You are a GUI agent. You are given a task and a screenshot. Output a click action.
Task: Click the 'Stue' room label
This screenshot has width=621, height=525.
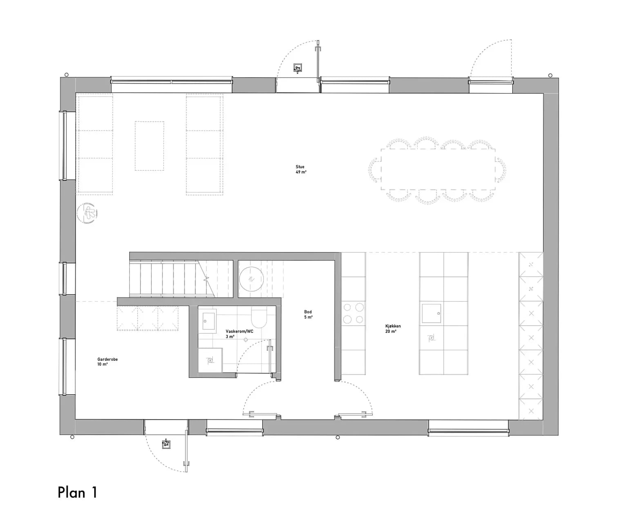point(300,167)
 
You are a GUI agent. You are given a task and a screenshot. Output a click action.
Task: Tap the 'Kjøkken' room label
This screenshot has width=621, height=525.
point(393,326)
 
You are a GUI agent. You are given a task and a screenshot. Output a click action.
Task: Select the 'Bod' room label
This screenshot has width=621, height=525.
point(308,312)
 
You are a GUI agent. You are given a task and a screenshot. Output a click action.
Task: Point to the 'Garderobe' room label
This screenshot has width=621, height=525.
point(107,359)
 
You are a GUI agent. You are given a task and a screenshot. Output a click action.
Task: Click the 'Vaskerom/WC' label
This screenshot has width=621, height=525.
point(239,331)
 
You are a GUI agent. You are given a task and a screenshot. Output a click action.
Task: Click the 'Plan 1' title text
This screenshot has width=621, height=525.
point(78,492)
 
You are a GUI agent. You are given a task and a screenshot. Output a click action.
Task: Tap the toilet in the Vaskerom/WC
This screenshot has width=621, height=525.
point(259,317)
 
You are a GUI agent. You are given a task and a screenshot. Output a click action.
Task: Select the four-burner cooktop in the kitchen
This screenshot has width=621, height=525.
point(353,313)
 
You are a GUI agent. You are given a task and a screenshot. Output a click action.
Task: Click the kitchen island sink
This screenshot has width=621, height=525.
point(432,313)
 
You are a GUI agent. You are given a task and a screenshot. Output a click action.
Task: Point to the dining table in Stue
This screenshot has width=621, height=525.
point(438,169)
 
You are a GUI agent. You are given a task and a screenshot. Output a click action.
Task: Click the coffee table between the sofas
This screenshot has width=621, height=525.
point(149,146)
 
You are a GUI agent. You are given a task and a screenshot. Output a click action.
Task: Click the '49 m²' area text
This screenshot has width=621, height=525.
point(301,172)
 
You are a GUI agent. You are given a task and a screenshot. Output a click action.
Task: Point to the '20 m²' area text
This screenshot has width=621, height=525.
point(390,331)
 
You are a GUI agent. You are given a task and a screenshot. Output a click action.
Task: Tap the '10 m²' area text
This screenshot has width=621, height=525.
point(102,364)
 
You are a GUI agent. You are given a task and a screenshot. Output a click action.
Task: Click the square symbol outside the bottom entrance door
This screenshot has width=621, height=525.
point(167,445)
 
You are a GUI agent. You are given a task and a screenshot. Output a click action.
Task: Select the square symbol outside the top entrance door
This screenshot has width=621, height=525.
point(298,68)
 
